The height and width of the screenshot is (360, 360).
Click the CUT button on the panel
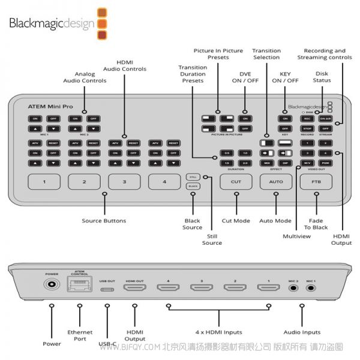(235, 182)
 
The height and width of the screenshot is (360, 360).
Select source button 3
(124, 182)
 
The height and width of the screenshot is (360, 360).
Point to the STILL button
(193, 177)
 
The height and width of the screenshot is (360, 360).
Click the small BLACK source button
(193, 187)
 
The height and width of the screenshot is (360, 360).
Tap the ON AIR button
(325, 119)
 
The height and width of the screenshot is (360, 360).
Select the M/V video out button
(307, 163)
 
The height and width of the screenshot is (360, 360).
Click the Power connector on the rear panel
(51, 288)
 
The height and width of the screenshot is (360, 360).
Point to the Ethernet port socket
(79, 288)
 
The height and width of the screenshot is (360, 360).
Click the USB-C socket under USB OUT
(107, 289)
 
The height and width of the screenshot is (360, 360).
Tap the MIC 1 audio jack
(311, 289)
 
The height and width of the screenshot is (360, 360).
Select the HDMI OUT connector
(134, 289)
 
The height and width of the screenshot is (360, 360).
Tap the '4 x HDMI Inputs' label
(220, 332)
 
